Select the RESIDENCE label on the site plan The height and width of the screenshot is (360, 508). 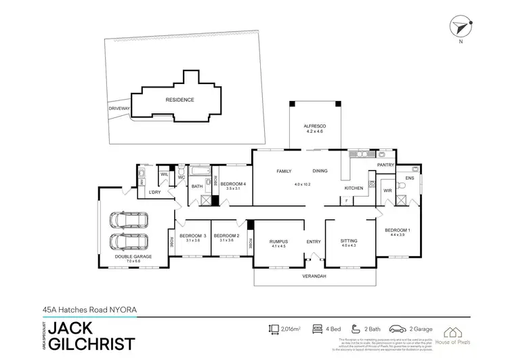pos(179,100)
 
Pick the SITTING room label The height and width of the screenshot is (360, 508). pos(349,241)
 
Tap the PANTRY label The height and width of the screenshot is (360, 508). pos(385,165)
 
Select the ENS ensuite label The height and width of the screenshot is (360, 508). pos(409,178)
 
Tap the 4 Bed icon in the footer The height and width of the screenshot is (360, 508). pos(316,329)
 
